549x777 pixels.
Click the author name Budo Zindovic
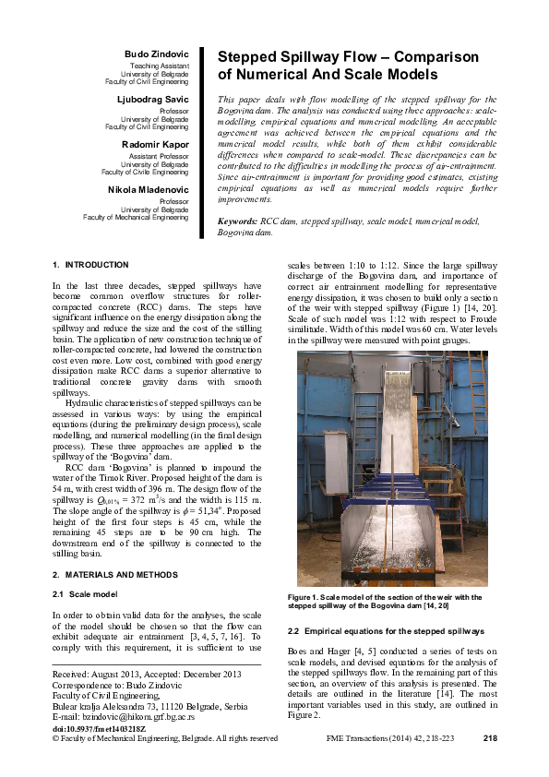click(157, 56)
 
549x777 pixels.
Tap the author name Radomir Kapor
click(154, 145)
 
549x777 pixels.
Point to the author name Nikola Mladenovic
click(149, 189)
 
